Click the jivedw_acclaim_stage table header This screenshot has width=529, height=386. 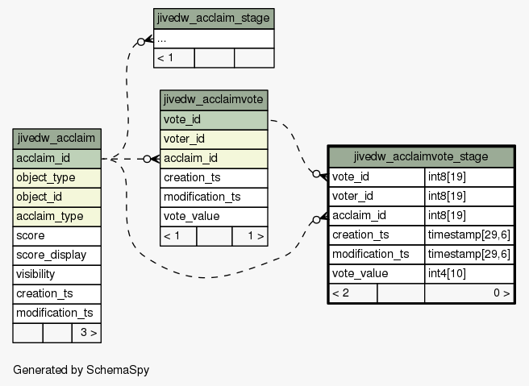tap(214, 19)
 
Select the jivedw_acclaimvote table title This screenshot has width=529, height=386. tap(214, 100)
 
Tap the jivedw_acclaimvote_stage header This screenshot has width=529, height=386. tap(421, 157)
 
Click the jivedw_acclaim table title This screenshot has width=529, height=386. tap(56, 139)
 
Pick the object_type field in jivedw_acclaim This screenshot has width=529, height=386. tap(56, 177)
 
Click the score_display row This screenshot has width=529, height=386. tap(56, 255)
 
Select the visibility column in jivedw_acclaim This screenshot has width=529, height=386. tap(56, 275)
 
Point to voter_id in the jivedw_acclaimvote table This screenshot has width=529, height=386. tap(214, 139)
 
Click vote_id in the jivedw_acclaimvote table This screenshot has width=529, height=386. tap(214, 120)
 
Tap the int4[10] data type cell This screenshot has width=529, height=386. tap(469, 274)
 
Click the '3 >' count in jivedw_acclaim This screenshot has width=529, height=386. tap(86, 333)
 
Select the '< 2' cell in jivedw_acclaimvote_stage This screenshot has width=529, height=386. tap(353, 293)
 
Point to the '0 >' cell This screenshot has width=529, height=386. tap(469, 293)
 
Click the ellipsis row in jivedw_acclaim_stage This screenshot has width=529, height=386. tap(214, 39)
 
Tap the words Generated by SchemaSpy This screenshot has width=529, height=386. tap(81, 370)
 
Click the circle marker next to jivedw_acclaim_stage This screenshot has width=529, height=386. tap(141, 42)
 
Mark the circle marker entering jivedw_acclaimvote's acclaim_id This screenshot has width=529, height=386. tap(147, 159)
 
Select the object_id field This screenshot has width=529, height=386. tap(56, 197)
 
